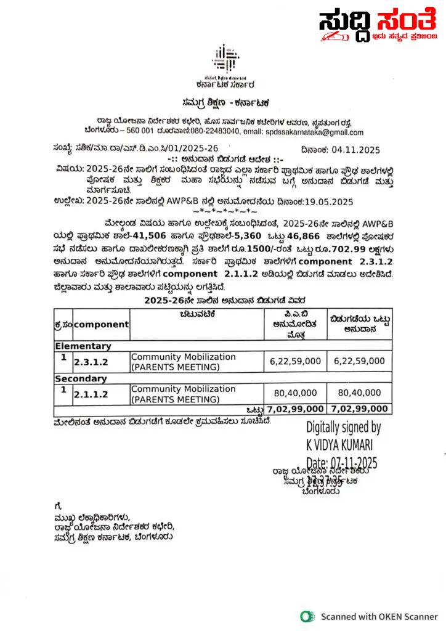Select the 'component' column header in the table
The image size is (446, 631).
(102, 324)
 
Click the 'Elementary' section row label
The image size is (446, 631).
(83, 346)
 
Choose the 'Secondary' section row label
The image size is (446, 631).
(81, 378)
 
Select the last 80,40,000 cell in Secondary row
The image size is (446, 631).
(359, 392)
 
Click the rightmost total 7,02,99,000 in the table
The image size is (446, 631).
(359, 409)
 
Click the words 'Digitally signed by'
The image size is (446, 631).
(343, 427)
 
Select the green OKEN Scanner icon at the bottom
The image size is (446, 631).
(307, 616)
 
